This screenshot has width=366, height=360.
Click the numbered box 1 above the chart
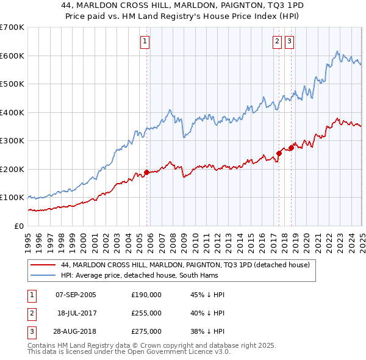(145, 41)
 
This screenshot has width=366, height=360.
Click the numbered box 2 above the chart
(277, 41)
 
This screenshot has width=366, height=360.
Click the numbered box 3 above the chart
(289, 41)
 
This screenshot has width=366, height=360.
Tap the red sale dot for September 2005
(146, 172)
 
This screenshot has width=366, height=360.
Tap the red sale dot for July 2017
(279, 154)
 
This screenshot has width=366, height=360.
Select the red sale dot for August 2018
(292, 148)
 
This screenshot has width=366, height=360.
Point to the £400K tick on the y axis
(12, 112)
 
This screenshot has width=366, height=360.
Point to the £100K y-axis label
(12, 198)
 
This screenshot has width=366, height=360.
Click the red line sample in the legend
(43, 265)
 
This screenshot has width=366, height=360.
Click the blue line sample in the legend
(43, 275)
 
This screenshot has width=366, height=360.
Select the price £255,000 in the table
(146, 313)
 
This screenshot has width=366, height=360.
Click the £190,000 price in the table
(146, 295)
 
